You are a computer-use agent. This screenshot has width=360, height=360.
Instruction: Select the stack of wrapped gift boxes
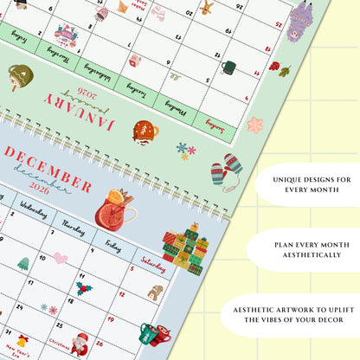185,245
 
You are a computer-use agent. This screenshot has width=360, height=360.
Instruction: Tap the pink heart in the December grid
61,258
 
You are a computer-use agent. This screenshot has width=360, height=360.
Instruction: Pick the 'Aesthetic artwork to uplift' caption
299,314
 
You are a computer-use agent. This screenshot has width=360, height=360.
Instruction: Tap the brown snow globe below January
145,132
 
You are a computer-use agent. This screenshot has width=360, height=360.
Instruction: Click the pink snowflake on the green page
255,125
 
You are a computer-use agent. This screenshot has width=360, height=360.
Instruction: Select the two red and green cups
160,334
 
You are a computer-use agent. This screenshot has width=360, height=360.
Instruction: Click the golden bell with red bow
22,342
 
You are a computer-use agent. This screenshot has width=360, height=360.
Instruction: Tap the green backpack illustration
19,78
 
